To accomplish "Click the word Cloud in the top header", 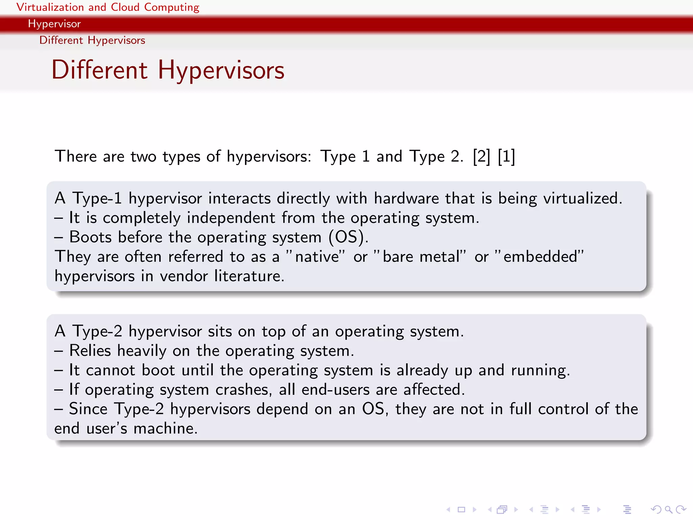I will pos(125,7).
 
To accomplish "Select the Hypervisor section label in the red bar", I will pos(54,24).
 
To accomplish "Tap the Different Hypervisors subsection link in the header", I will pos(92,40).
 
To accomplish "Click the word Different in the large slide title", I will pos(99,70).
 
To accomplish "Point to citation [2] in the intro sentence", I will pos(481,156).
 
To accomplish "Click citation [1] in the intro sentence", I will pos(506,156).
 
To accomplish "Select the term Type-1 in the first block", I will pos(97,198).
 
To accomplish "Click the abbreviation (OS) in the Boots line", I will pos(348,237).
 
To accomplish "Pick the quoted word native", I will pos(317,257).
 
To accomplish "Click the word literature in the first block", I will pos(249,276).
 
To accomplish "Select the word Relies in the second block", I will pos(90,351).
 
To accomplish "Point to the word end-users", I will pos(335,390).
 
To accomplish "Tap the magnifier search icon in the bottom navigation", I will pos(668,509).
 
